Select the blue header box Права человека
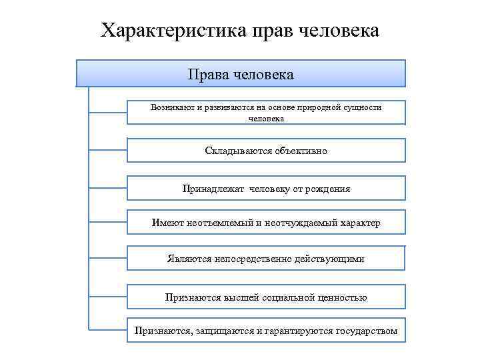coord(241,73)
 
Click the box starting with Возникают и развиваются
coord(266,112)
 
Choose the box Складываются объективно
coord(266,151)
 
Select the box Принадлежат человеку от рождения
coord(266,189)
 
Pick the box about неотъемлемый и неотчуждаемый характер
coord(266,223)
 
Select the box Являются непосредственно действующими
coord(266,259)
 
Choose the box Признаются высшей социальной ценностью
coord(266,297)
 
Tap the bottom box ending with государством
coord(266,331)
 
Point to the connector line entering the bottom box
coord(108,329)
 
